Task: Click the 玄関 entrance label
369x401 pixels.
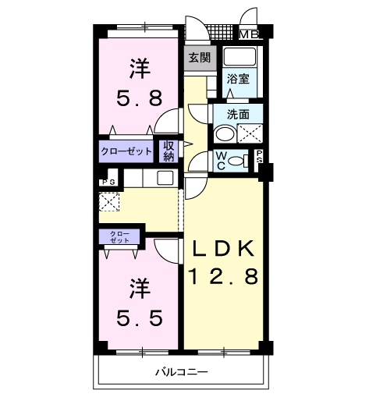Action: pos(199,57)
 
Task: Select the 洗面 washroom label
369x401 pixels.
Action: pos(238,114)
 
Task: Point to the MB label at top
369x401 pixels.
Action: pos(249,34)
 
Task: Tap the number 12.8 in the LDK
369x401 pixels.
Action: pos(222,277)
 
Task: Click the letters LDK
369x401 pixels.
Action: pos(222,248)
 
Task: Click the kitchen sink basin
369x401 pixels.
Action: pos(165,178)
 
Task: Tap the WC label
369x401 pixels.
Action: pos(221,161)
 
